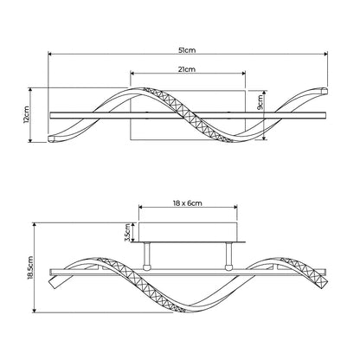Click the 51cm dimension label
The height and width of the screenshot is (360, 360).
coord(187,50)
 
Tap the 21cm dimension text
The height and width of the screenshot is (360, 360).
coord(187,69)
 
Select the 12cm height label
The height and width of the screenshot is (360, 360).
coord(26,114)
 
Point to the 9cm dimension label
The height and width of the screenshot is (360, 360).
coord(260,102)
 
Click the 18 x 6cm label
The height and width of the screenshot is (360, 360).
coord(188,203)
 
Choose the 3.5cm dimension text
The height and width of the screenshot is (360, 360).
coord(127,233)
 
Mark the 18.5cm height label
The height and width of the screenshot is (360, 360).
coord(30,267)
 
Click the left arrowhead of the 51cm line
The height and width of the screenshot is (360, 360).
coord(49,54)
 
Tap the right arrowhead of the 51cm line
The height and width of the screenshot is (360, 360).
coord(326,54)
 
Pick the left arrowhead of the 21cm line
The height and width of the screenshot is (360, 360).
coord(132,74)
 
